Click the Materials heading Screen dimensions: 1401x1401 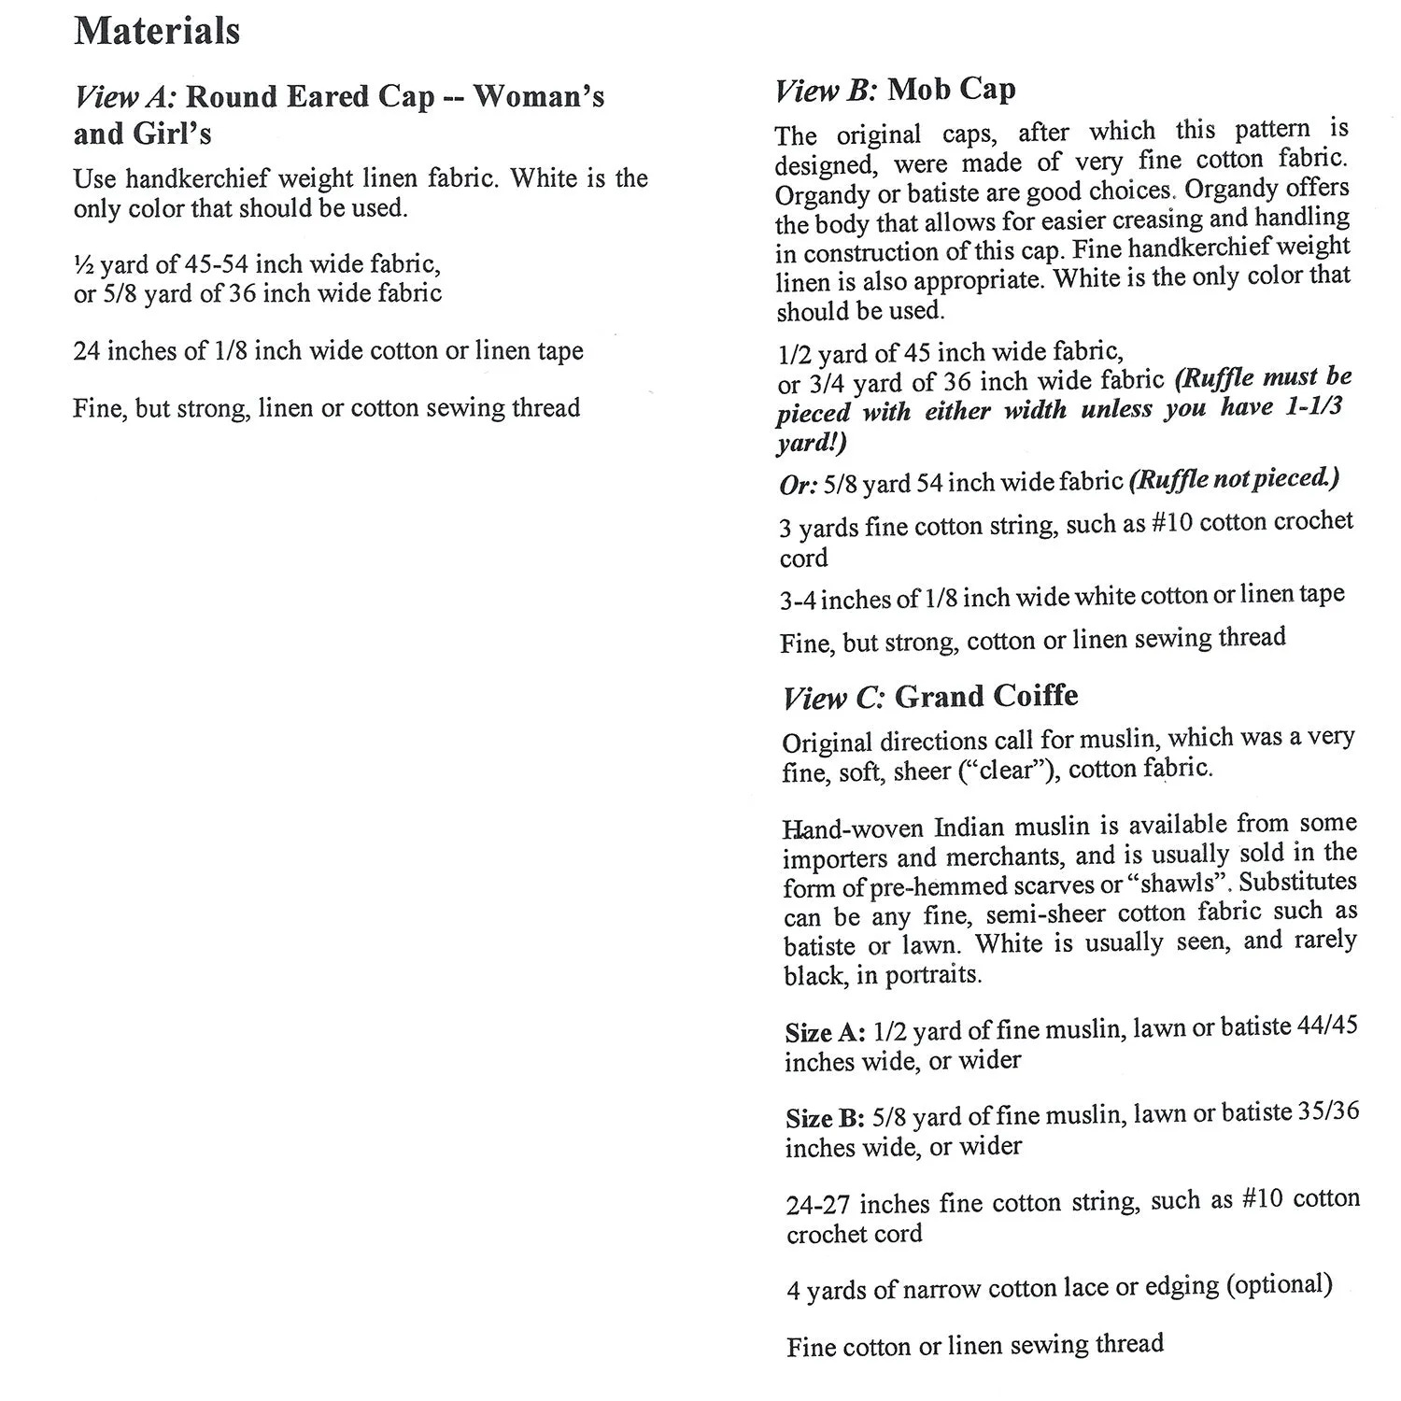pyautogui.click(x=157, y=31)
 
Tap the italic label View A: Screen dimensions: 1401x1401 pyautogui.click(x=126, y=97)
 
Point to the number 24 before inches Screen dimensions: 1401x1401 pyautogui.click(x=87, y=351)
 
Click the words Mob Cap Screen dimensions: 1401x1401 pyautogui.click(x=951, y=90)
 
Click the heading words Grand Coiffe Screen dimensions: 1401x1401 pyautogui.click(x=986, y=696)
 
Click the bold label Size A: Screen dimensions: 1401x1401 pyautogui.click(x=825, y=1032)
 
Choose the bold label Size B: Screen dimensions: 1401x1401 pyautogui.click(x=825, y=1118)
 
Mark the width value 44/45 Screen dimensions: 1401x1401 pyautogui.click(x=1327, y=1026)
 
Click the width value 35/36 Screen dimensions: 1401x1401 pyautogui.click(x=1328, y=1111)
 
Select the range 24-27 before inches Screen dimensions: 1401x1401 pyautogui.click(x=818, y=1205)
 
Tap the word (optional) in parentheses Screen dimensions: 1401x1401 pyautogui.click(x=1279, y=1285)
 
